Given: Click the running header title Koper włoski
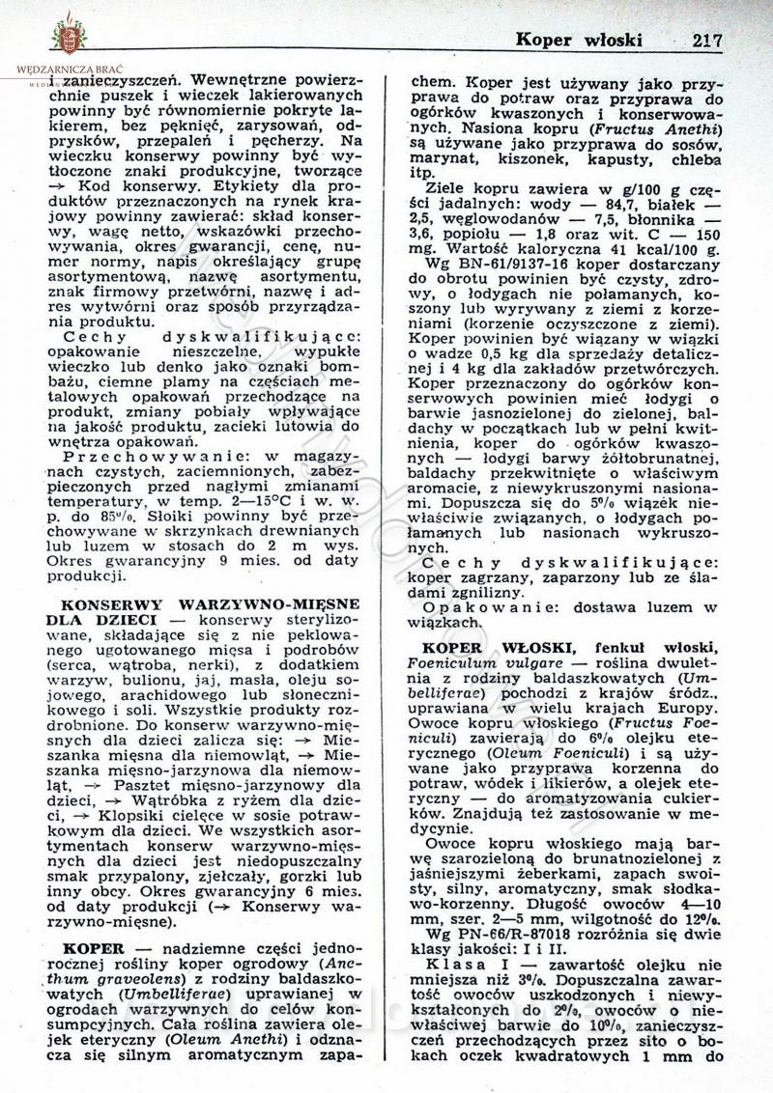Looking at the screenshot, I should pos(579,41).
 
